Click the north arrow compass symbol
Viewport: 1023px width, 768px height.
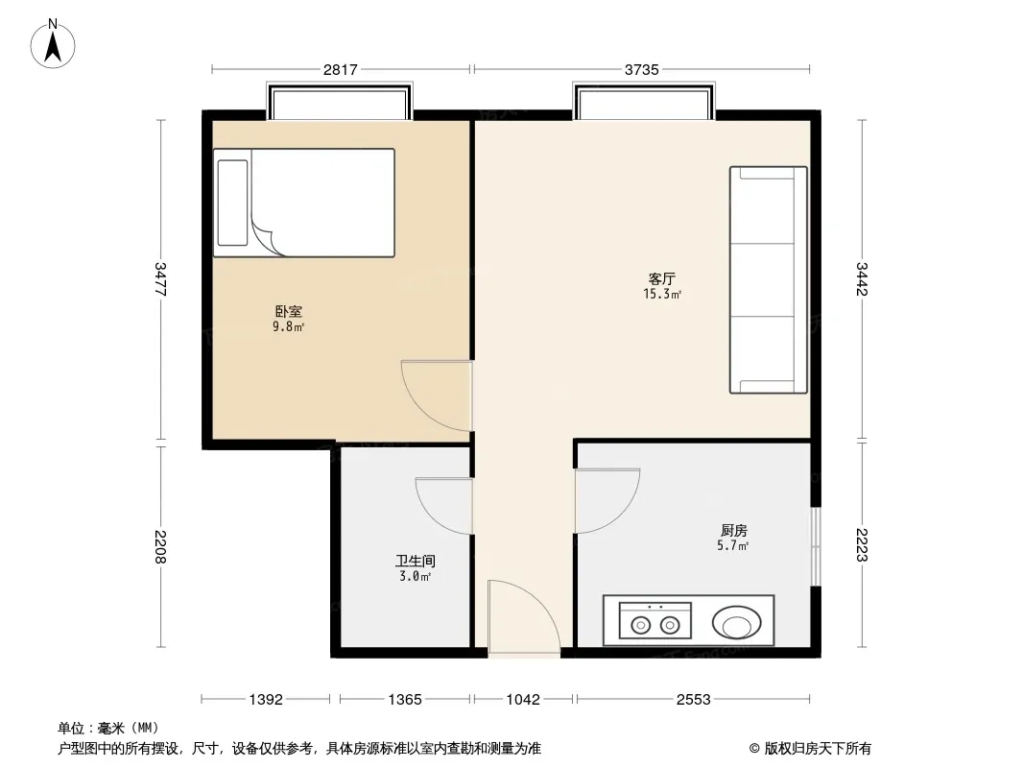[53, 44]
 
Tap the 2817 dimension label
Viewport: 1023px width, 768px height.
[341, 69]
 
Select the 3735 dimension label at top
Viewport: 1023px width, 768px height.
[642, 69]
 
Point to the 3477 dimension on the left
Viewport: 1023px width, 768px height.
[160, 279]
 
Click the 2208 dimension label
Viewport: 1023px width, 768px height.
[160, 547]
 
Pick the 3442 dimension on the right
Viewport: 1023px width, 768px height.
[862, 278]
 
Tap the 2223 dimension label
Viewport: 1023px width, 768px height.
[862, 545]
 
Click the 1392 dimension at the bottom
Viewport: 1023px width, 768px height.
[266, 700]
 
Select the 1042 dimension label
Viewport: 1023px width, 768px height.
[523, 700]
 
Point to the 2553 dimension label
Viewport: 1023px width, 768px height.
[694, 700]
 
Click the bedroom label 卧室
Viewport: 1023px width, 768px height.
[288, 312]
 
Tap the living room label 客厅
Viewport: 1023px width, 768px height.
[662, 279]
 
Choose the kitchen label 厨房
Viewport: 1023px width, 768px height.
[734, 531]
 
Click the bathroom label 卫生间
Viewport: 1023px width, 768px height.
[415, 561]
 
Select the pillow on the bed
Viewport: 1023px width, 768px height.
[232, 203]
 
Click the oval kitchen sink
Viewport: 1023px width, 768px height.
[737, 622]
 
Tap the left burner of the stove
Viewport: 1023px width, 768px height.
[641, 626]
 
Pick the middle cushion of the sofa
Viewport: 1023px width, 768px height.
[762, 280]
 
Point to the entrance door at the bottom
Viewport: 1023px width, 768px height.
[524, 616]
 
